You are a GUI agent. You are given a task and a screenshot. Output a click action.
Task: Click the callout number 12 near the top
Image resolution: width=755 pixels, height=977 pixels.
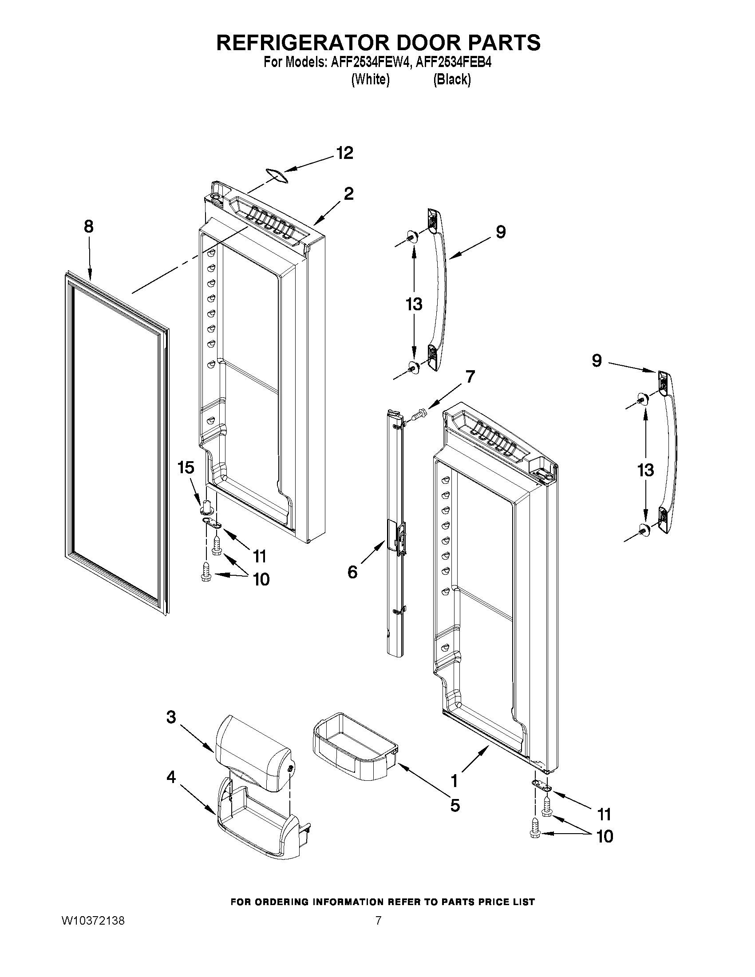[x=344, y=154]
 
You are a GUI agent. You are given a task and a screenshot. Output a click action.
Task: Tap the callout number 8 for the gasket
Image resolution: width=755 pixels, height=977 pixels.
[x=89, y=227]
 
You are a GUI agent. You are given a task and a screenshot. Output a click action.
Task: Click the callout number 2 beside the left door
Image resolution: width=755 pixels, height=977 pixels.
[x=348, y=194]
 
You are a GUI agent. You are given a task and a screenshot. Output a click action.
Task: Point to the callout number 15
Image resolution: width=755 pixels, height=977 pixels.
[x=186, y=468]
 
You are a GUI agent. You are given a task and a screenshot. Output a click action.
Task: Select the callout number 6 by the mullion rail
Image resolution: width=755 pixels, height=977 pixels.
[x=353, y=572]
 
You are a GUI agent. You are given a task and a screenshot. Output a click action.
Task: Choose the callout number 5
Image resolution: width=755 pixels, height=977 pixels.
[x=455, y=805]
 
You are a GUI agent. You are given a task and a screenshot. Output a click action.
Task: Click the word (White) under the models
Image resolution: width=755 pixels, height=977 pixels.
[x=370, y=79]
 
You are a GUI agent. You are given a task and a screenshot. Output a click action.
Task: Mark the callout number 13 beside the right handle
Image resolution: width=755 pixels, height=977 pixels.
[x=646, y=470]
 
